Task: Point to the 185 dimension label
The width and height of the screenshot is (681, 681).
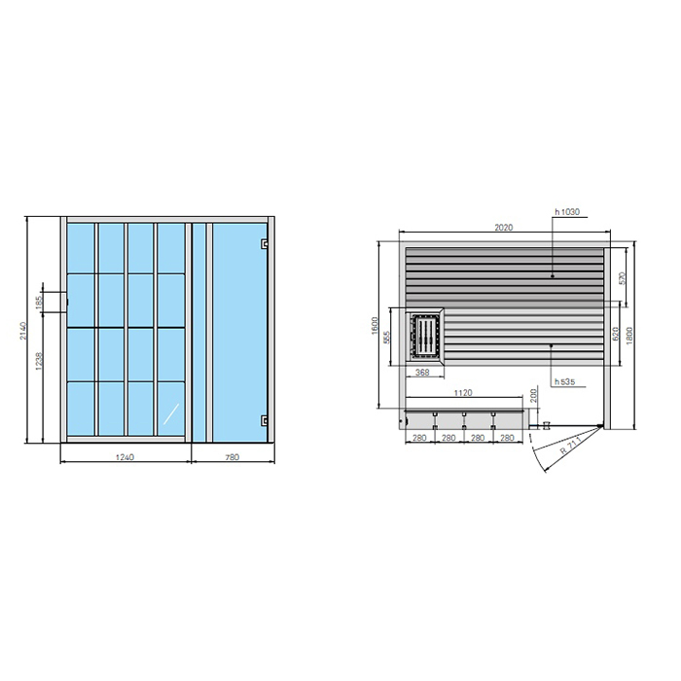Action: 39,302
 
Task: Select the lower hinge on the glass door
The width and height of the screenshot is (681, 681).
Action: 264,420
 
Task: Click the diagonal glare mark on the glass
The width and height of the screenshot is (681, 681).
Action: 170,413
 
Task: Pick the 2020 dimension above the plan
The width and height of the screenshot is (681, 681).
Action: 503,228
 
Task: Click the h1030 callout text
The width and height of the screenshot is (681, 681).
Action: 566,211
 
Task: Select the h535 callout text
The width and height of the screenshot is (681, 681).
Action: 563,382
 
